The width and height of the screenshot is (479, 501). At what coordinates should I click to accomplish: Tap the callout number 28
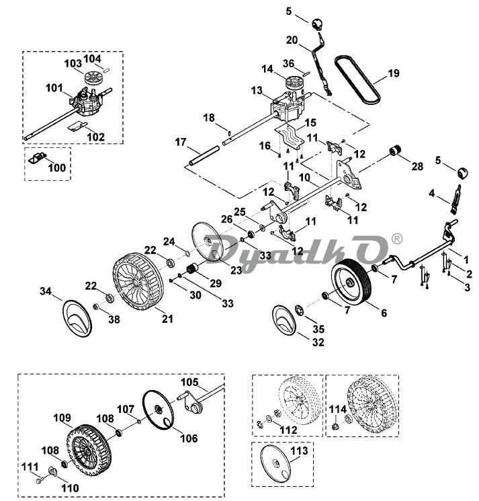coord(417,166)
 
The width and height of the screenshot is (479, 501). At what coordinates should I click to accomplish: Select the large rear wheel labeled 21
coord(138,282)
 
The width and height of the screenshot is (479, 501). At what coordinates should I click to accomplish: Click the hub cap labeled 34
coord(77,319)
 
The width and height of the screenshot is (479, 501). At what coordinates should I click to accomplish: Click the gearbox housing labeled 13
coord(288,110)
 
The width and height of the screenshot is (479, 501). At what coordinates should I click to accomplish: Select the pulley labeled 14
coord(294,83)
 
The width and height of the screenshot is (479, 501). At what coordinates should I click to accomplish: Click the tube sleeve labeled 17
coord(204,155)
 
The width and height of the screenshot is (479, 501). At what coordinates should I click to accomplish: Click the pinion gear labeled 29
coord(192,268)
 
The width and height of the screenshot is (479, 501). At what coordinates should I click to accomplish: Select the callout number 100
coord(56,167)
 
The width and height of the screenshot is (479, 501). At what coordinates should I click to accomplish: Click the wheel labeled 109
coord(89,451)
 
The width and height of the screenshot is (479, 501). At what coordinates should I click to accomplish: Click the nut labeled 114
coord(335,426)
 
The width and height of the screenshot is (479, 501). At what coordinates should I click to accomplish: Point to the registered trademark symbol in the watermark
coord(396,239)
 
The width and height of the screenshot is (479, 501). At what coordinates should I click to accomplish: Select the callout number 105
coord(189,382)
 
